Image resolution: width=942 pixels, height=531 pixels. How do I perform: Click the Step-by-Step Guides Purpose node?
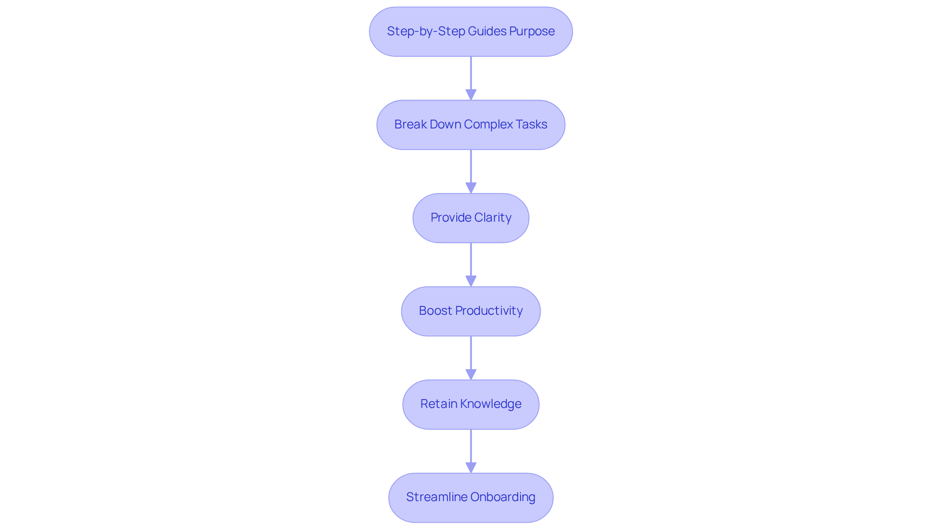tap(471, 31)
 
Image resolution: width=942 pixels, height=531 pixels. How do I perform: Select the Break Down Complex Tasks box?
tap(471, 125)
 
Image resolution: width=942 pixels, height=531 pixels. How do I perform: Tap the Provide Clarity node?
tap(471, 218)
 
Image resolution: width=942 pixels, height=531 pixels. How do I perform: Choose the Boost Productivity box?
tap(471, 311)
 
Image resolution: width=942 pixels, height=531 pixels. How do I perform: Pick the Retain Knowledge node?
tap(471, 404)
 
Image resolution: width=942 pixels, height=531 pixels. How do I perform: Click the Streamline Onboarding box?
tap(471, 497)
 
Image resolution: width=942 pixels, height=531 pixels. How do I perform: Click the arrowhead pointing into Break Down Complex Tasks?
tap(471, 95)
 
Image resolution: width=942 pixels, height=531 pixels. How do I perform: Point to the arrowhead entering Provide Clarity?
tap(471, 188)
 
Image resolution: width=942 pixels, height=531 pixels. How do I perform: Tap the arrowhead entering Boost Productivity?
tap(471, 281)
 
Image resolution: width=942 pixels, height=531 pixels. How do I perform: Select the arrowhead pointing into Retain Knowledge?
tap(471, 374)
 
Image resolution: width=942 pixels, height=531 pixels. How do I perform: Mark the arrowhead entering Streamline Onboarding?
tap(471, 467)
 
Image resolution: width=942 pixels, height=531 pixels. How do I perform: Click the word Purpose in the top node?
tap(532, 31)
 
